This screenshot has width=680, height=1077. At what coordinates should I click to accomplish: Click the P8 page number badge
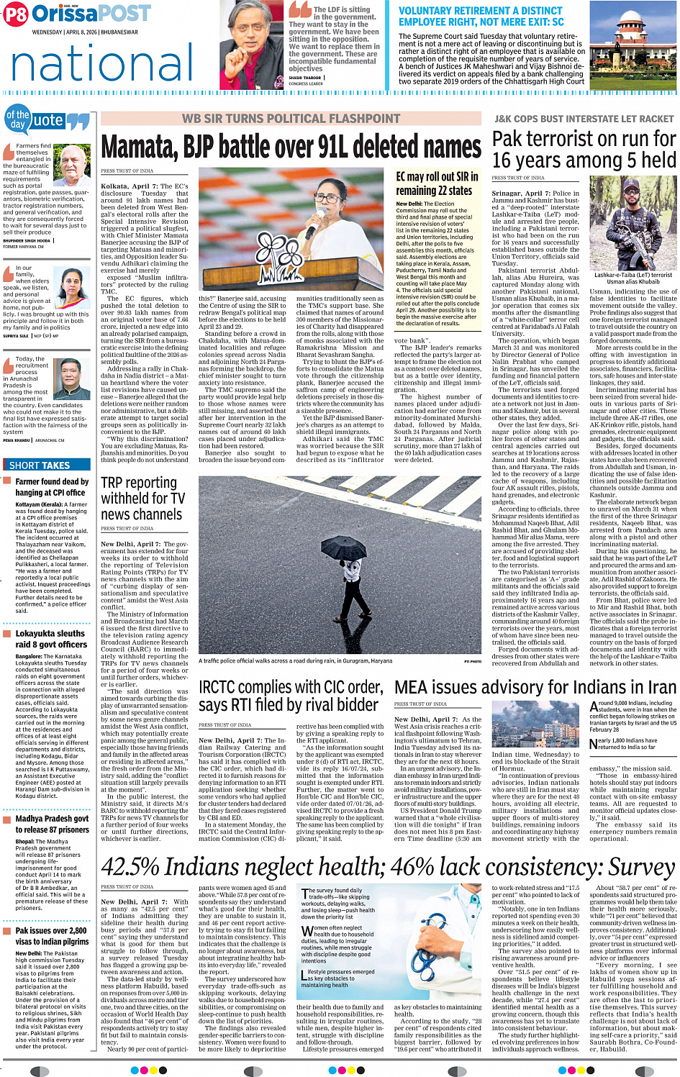16,13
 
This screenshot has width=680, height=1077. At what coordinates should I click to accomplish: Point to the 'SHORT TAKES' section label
40,465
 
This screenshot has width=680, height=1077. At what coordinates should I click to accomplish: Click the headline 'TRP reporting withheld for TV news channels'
142,499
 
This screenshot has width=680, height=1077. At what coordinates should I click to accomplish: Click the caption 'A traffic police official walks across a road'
295,660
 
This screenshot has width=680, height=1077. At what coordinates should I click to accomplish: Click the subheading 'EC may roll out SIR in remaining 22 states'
437,183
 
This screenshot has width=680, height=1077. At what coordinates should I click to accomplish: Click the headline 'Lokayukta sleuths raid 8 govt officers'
50,639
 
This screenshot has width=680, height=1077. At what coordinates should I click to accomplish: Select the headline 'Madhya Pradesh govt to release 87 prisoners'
52,824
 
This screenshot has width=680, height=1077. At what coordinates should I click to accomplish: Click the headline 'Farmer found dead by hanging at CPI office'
52,487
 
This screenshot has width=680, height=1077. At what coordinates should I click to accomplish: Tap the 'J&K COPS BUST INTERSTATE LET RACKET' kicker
584,119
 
